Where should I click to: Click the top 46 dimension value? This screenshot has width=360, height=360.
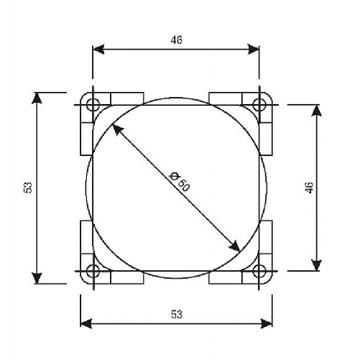point(177,40)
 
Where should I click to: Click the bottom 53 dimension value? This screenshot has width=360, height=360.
point(177,314)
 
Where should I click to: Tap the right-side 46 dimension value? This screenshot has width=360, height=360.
point(310,188)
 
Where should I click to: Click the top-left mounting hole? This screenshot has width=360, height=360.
point(91,105)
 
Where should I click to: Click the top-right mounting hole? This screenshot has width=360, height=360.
point(261,105)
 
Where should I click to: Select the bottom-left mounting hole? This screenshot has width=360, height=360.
point(91,271)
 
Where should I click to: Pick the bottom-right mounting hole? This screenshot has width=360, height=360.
point(261,271)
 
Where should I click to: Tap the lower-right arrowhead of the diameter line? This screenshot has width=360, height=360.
point(234,246)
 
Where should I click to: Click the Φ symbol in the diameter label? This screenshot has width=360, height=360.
point(172,175)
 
